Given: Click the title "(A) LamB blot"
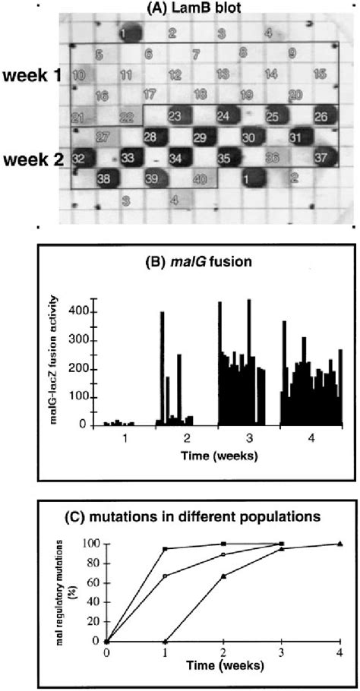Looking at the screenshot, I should [197, 8].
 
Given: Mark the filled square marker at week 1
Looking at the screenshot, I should [166, 548].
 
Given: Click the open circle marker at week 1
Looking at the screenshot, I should [166, 576].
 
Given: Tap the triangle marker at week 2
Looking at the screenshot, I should [223, 576].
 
